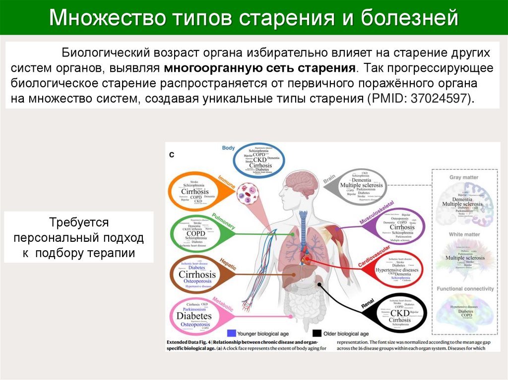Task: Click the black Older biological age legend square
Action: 317,333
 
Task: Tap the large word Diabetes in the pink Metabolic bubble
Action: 194,316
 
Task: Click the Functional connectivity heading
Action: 465,288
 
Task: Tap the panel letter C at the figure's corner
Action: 172,155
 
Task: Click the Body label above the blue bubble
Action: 228,148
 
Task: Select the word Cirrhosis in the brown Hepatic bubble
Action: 197,274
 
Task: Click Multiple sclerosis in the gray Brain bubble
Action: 361,185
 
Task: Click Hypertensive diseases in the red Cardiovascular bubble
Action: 396,270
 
